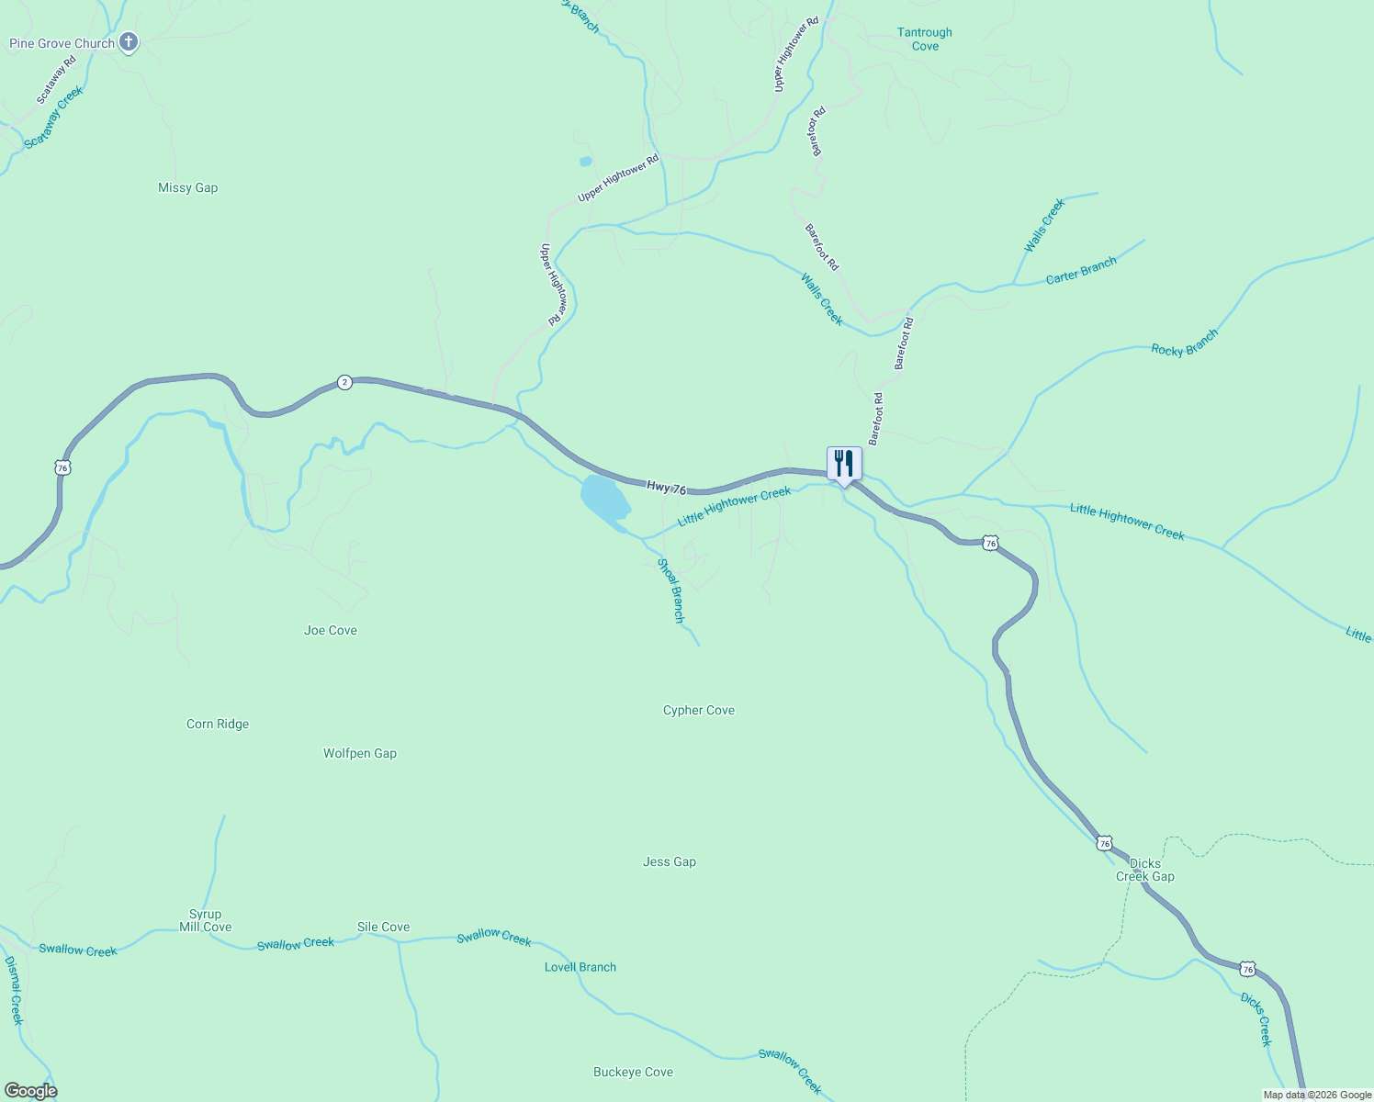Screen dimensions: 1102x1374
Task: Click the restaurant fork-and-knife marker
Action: click(x=844, y=464)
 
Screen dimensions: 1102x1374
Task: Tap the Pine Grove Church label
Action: click(x=62, y=43)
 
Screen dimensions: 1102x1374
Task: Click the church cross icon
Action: click(x=129, y=41)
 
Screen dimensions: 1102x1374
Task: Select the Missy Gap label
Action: click(x=187, y=187)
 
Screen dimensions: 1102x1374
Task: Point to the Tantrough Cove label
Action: click(x=924, y=39)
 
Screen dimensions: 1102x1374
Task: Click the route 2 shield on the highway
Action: click(x=343, y=382)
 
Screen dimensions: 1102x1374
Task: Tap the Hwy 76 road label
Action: click(x=666, y=488)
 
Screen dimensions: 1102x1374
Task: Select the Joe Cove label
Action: click(x=331, y=630)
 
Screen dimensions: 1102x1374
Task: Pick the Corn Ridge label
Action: click(x=218, y=724)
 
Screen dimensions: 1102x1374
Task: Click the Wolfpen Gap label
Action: click(x=360, y=753)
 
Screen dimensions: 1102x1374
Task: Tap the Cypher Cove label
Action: click(x=699, y=710)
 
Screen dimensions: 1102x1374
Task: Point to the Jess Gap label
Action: click(x=670, y=861)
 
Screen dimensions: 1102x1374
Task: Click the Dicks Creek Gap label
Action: click(x=1145, y=870)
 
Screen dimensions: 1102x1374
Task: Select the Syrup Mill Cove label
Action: click(x=206, y=920)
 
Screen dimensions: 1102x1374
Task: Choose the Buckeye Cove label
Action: click(x=633, y=1072)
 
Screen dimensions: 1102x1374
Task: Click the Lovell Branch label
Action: click(x=580, y=967)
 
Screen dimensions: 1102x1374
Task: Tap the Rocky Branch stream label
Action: click(x=1185, y=343)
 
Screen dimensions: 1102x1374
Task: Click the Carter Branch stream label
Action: click(x=1081, y=270)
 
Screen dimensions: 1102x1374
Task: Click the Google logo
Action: click(x=30, y=1091)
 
